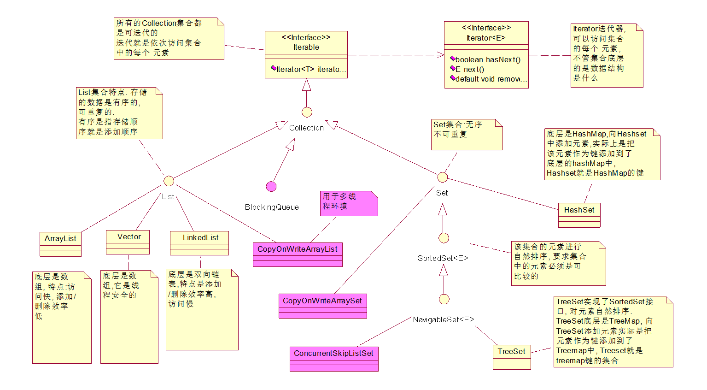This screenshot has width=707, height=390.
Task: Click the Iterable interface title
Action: tap(306, 42)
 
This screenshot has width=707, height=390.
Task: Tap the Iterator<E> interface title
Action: tap(486, 33)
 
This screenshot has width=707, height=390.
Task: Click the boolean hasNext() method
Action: tap(488, 59)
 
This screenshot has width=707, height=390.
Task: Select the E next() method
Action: tap(469, 69)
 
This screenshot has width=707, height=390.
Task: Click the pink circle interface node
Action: tap(271, 186)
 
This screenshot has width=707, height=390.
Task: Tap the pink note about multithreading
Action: tap(349, 203)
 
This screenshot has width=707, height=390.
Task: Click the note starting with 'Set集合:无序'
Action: tap(466, 135)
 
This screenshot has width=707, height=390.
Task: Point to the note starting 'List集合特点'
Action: tap(119, 113)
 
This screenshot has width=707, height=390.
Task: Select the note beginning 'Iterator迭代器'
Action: tap(607, 55)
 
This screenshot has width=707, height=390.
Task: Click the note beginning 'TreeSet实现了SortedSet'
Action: tap(614, 331)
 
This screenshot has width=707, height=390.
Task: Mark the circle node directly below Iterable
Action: tap(307, 112)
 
